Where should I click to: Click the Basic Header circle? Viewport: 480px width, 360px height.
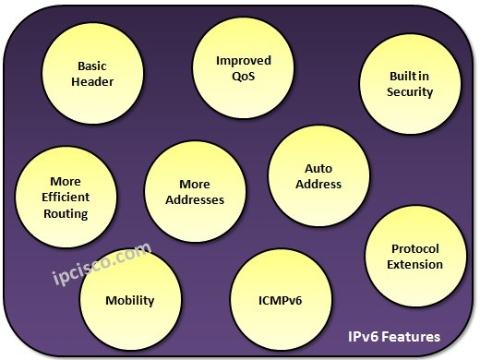pyautogui.click(x=91, y=73)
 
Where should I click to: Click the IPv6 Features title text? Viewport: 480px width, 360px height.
pyautogui.click(x=392, y=336)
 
